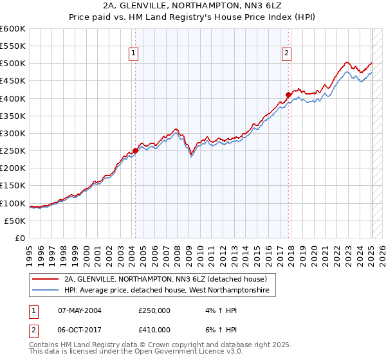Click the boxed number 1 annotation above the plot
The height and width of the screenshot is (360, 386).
point(134,54)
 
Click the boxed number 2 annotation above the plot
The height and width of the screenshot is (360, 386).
point(286,54)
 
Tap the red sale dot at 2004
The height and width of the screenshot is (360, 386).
point(135,151)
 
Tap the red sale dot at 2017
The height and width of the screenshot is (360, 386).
point(288,95)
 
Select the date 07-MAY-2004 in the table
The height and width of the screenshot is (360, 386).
point(80,310)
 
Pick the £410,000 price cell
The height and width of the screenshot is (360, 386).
point(154,330)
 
